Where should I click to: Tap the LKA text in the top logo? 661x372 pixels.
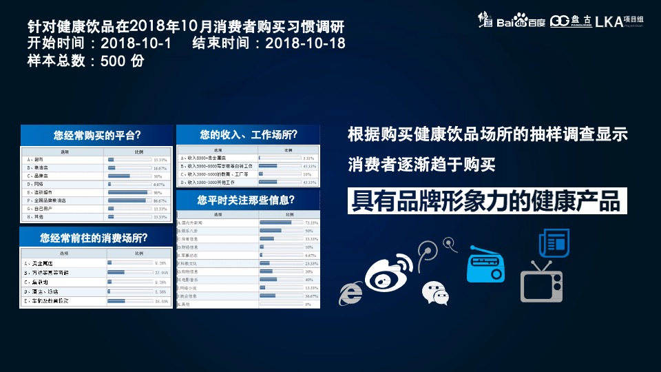pyautogui.click(x=608, y=21)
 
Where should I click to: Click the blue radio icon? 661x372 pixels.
pyautogui.click(x=485, y=265)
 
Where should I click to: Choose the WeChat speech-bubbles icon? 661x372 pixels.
pyautogui.click(x=435, y=292)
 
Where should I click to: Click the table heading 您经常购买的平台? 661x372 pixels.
pyautogui.click(x=97, y=135)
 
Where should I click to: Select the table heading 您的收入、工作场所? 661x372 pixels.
pyautogui.click(x=249, y=134)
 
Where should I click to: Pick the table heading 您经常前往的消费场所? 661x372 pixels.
pyautogui.click(x=97, y=238)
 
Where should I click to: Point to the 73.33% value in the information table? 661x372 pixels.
pyautogui.click(x=311, y=223)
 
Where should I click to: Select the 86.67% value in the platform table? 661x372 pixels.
pyautogui.click(x=160, y=200)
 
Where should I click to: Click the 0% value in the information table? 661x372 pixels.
pyautogui.click(x=308, y=304)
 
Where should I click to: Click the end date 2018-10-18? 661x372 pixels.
pyautogui.click(x=305, y=43)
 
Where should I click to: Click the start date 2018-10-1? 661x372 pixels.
pyautogui.click(x=136, y=43)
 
